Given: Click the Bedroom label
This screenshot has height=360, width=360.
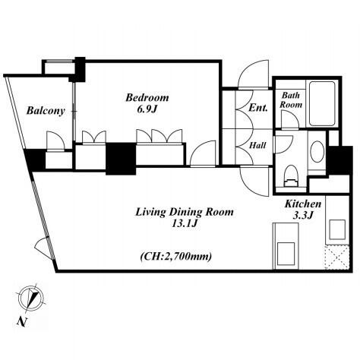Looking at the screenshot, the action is (147, 97).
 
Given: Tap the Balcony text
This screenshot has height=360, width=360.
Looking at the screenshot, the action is (46, 111).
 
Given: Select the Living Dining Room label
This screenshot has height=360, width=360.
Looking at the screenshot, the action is (185, 212).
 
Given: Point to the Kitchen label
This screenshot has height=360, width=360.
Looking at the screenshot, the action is (303, 204).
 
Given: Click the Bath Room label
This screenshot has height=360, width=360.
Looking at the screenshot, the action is (291, 100).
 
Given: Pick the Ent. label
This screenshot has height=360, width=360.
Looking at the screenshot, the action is (258, 108).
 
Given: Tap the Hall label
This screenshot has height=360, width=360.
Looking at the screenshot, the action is (257, 145).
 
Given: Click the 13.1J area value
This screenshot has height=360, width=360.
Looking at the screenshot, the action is (185, 223).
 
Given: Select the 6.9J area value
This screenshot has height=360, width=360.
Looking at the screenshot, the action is (147, 109).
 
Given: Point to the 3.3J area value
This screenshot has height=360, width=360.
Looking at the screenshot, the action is (303, 216).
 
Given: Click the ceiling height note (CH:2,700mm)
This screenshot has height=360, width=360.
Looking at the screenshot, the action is (176, 257).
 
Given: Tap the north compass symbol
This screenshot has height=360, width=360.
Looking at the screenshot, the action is (31, 298).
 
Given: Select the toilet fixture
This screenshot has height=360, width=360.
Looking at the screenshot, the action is (291, 176).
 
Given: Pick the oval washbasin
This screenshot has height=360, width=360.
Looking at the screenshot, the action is (317, 152).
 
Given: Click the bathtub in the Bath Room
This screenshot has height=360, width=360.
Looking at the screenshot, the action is (322, 103).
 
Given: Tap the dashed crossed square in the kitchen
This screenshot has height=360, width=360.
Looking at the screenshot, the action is (337, 257).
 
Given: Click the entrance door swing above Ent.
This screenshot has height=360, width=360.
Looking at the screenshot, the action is (253, 74).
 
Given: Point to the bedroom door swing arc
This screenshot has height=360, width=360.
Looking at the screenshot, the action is (203, 153).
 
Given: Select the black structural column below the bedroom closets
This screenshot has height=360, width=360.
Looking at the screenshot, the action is (121, 159).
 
